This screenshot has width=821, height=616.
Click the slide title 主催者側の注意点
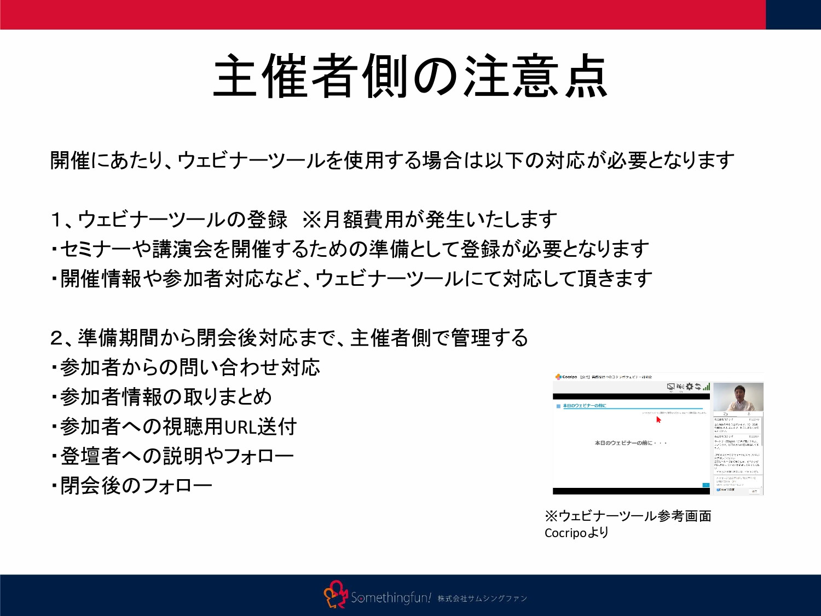coord(410,77)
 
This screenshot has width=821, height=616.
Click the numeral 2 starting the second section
coord(57,338)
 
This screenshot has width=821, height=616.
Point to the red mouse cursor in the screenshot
coord(658,419)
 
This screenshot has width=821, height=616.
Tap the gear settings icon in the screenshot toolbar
coord(690,387)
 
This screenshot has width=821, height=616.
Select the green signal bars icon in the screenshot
coord(707,387)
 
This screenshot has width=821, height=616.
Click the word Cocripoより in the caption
coord(576,533)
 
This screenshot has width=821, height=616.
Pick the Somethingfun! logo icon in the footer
coord(336,595)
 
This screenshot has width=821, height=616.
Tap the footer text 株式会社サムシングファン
coord(482,598)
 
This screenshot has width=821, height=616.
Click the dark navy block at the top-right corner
coord(793,14)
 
